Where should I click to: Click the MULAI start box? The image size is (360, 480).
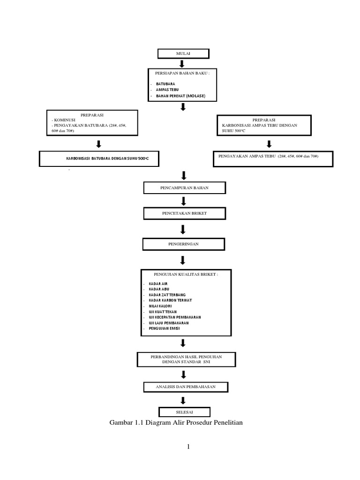tap(183, 53)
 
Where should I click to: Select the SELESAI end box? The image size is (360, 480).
tap(183, 412)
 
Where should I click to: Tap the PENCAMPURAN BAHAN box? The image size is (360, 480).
tap(185, 188)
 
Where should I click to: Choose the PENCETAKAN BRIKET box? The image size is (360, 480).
tap(185, 213)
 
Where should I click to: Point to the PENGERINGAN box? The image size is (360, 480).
tap(183, 244)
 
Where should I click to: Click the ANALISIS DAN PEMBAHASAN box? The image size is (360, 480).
tap(186, 387)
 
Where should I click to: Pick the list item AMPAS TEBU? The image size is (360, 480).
tap(167, 90)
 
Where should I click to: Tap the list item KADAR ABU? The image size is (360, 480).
tap(158, 289)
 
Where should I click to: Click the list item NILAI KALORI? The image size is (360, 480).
tap(160, 306)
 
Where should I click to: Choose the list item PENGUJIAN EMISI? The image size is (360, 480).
tap(164, 329)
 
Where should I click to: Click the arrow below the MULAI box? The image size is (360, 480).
tap(183, 64)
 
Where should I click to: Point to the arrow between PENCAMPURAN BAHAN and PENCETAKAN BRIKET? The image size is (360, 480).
tap(183, 201)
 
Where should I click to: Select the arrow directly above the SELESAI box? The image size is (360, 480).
tap(183, 400)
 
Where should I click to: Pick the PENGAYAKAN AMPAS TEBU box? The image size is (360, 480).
tap(274, 158)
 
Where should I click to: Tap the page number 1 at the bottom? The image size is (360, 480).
tap(188, 447)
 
